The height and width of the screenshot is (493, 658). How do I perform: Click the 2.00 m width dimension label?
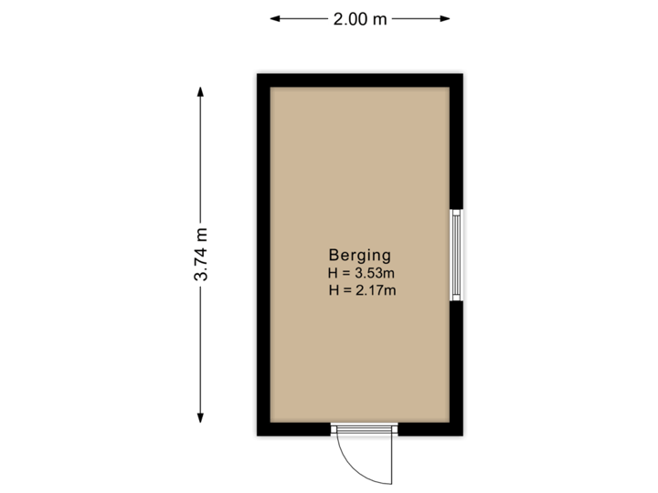[361, 18]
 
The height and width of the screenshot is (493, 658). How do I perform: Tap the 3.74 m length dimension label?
[201, 255]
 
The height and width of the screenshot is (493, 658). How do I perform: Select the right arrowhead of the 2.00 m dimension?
[447, 18]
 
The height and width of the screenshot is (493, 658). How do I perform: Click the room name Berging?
[360, 256]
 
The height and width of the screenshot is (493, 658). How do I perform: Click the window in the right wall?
[457, 256]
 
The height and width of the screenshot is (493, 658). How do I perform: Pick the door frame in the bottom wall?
[365, 429]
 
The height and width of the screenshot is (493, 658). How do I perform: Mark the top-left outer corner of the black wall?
[254, 70]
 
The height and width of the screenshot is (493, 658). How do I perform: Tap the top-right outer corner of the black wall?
[466, 70]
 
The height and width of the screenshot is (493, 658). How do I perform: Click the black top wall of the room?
[360, 78]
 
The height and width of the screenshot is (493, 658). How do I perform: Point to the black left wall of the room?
[261, 255]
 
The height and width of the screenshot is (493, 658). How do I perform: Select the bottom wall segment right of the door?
[432, 431]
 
